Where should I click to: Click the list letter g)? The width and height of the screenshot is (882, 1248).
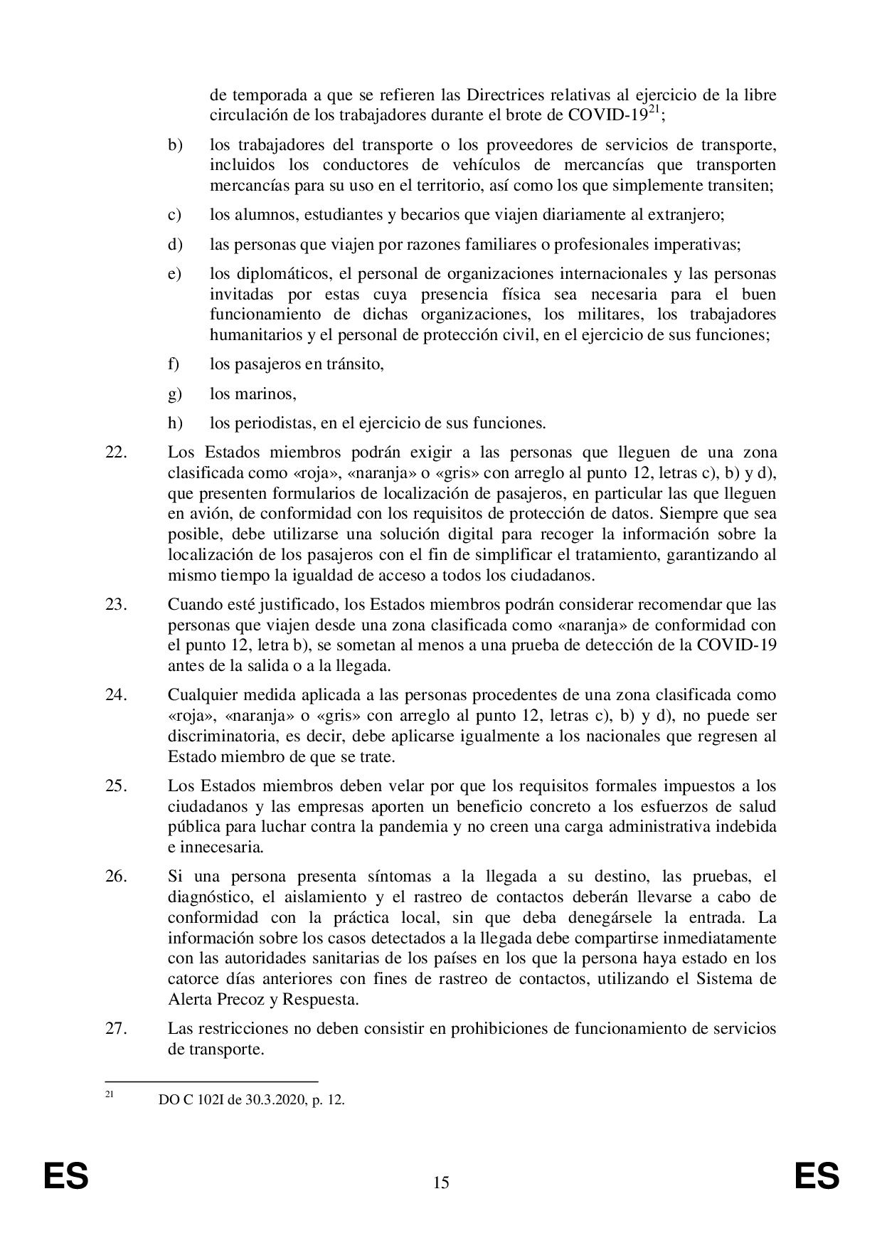point(175,393)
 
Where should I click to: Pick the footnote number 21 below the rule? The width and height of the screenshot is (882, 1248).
point(110,1096)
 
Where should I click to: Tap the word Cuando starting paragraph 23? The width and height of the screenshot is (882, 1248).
point(193,605)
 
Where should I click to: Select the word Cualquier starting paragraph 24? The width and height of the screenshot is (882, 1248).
point(198,694)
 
